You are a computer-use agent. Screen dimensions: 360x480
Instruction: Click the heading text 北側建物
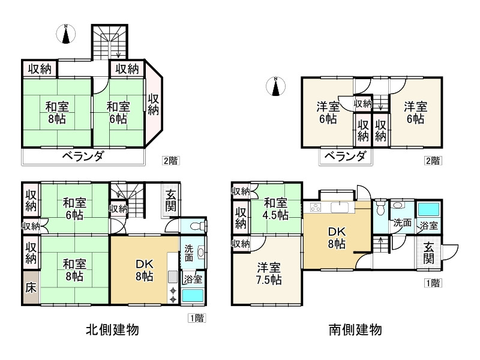click(x=113, y=329)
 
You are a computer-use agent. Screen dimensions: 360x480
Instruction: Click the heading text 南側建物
click(x=355, y=329)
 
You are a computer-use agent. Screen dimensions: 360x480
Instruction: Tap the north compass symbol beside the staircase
click(x=67, y=34)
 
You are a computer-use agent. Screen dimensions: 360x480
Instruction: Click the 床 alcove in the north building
click(x=31, y=287)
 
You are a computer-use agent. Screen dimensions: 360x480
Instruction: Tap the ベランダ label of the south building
click(x=345, y=157)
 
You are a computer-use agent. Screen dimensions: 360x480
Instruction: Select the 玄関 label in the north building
click(x=172, y=202)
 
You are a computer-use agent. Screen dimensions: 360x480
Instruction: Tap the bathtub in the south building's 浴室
click(x=428, y=210)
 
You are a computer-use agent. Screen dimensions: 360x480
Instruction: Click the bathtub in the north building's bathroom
click(x=193, y=296)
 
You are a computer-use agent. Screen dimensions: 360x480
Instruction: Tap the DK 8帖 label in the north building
click(x=144, y=271)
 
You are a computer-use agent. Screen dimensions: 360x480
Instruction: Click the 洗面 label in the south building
click(x=403, y=223)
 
